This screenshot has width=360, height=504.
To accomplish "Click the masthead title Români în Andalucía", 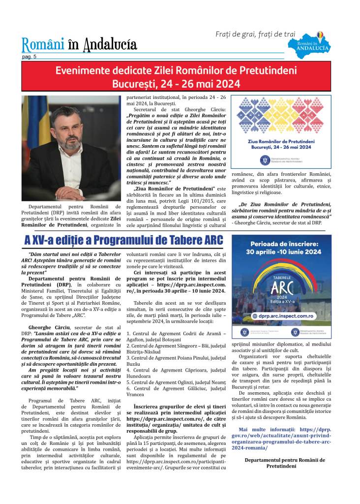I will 79,45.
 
